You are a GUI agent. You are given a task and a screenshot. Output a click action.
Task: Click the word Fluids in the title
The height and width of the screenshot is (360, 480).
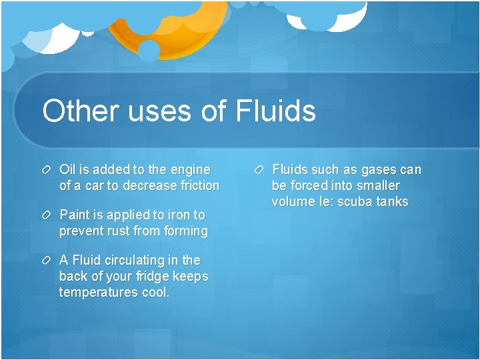275,111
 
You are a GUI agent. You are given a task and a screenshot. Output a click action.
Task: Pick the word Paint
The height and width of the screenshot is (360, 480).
75,215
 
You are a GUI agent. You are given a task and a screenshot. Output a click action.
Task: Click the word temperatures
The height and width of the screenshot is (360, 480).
98,292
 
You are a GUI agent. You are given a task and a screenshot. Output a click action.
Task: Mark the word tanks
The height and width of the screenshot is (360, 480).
393,202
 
